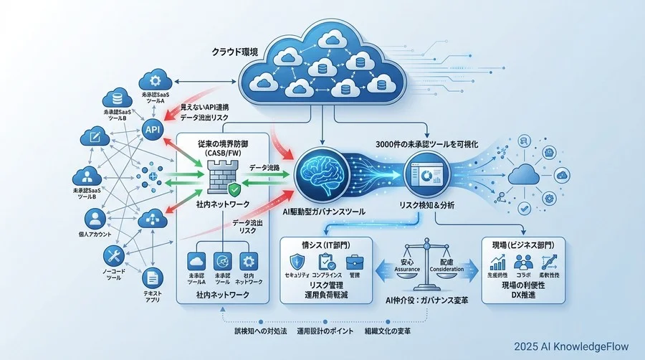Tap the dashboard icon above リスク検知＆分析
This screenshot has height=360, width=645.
[x=424, y=176]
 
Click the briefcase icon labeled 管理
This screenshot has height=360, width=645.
[x=354, y=263]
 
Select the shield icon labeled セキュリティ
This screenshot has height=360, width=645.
[x=297, y=263]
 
